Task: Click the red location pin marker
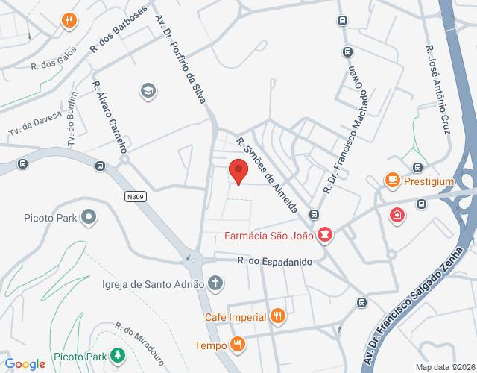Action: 238,171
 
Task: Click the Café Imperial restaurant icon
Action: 278,316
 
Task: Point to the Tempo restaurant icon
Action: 238,345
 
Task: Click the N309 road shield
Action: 135,197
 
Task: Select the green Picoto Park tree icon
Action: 117,356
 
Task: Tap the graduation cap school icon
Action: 148,91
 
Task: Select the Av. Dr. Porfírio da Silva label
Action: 180,60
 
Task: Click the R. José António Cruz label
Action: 437,90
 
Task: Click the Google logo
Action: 25,364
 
